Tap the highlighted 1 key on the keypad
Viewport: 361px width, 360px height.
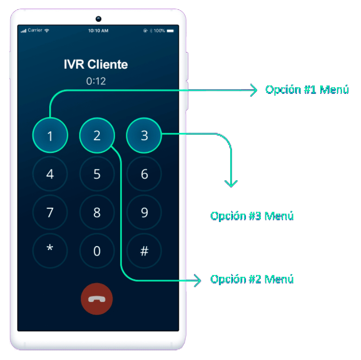(50, 136)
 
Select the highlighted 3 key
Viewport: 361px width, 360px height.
(144, 136)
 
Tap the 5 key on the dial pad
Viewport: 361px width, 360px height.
(97, 174)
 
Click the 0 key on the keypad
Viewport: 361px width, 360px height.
(97, 251)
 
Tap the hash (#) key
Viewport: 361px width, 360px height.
(144, 251)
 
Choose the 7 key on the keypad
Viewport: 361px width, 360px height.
(50, 213)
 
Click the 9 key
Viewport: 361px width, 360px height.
(144, 213)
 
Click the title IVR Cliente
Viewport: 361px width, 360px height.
(96, 65)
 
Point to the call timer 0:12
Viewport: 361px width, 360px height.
(96, 81)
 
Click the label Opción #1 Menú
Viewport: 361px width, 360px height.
(307, 90)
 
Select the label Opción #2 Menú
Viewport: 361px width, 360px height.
(252, 279)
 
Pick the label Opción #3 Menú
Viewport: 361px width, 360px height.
(252, 216)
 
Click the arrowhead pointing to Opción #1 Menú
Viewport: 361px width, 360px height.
(253, 90)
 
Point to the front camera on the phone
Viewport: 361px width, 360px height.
(98, 19)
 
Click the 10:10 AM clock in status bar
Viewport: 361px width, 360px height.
(98, 31)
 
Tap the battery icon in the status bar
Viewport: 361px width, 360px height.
(170, 31)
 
